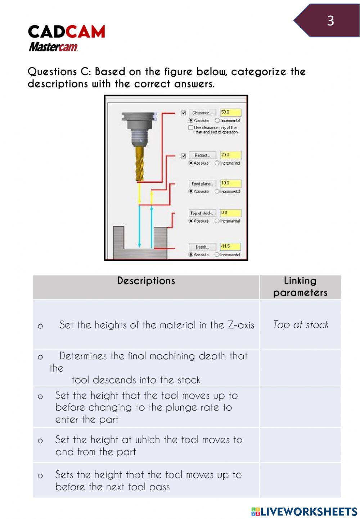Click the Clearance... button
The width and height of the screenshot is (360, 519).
[202, 113]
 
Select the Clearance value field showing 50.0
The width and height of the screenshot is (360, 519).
[230, 112]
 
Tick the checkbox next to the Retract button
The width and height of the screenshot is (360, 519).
[184, 155]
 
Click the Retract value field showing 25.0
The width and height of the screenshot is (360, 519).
[230, 155]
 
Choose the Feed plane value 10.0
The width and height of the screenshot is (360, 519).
[230, 183]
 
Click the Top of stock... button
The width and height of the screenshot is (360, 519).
[202, 213]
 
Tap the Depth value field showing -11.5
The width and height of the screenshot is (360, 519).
[230, 246]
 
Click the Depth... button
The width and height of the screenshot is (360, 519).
[202, 247]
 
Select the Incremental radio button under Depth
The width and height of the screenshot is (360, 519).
[217, 255]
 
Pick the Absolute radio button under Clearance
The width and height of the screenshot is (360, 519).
[191, 120]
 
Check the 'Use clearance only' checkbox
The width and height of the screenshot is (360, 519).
[191, 128]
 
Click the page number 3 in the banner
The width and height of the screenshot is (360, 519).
[330, 21]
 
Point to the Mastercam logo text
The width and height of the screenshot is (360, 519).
[53, 47]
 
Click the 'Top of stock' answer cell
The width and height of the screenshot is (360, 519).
[301, 324]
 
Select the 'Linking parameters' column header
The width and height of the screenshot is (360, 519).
[300, 287]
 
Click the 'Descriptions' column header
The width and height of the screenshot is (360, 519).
[146, 281]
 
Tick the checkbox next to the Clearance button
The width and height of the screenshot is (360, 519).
[184, 113]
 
